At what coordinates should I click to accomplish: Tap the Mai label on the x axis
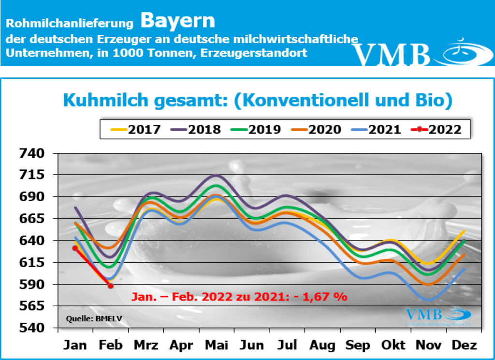[217, 345]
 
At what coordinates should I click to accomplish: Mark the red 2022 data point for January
[75, 248]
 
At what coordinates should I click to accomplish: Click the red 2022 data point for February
[111, 286]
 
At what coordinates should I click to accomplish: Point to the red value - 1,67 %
[326, 297]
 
